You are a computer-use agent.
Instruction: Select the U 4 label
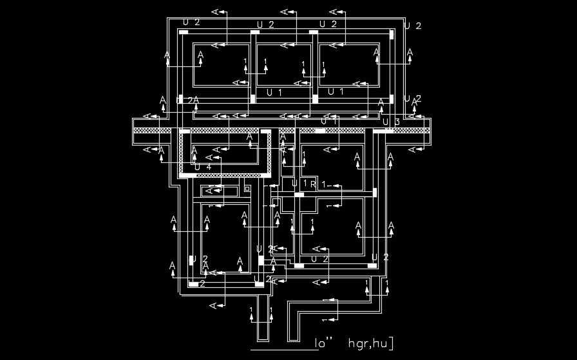click(202, 167)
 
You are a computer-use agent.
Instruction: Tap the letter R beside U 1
click(313, 184)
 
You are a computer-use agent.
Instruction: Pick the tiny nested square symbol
click(247, 189)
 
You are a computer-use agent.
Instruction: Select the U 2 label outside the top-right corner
click(412, 26)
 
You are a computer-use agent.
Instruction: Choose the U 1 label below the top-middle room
click(274, 93)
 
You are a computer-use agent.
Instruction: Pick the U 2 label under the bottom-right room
click(320, 258)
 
